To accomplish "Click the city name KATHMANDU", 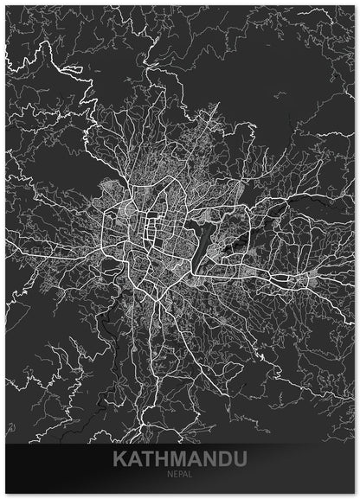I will pyautogui.click(x=179, y=458).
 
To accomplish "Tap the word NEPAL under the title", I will pyautogui.click(x=179, y=475).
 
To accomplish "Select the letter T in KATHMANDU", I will pyautogui.click(x=148, y=458).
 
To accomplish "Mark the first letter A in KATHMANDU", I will pyautogui.click(x=135, y=458).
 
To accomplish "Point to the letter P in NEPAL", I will pyautogui.click(x=179, y=475).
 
